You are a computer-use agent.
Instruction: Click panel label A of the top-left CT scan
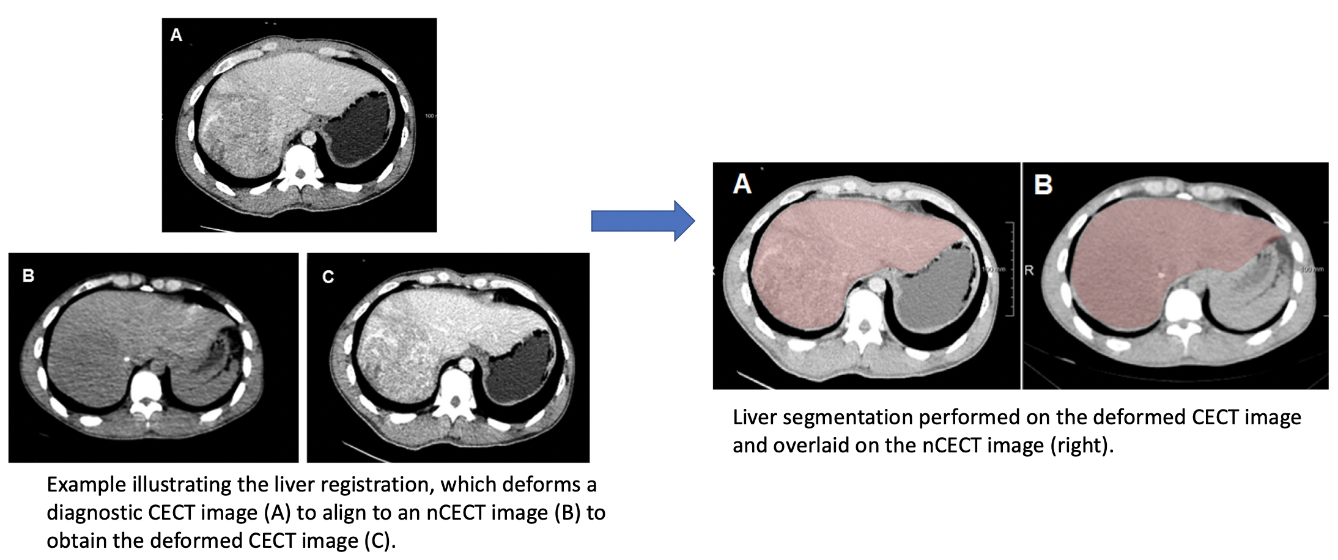(176, 35)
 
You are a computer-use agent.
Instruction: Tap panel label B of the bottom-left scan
(28, 276)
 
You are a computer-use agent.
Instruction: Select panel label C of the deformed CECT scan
(328, 278)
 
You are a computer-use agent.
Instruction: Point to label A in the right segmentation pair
(742, 183)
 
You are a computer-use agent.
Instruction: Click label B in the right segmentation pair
(1043, 185)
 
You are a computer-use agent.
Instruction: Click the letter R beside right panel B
(1029, 270)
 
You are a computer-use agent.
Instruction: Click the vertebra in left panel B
(146, 391)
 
